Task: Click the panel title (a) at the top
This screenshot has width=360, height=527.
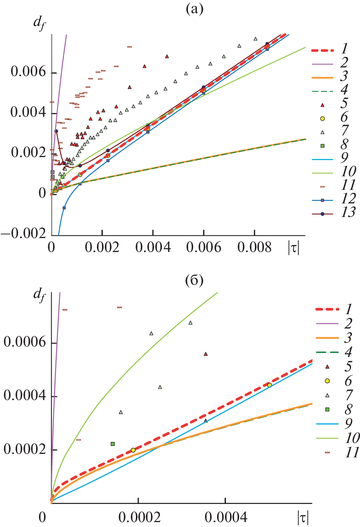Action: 194,9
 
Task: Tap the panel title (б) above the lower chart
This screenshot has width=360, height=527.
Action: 194,280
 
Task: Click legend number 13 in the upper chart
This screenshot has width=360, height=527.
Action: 348,212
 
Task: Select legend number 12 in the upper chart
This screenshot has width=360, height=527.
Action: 348,199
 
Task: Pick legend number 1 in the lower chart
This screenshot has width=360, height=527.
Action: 348,309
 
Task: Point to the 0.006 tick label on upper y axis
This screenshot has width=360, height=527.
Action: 28,72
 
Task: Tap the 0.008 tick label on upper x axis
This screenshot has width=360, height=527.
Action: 255,248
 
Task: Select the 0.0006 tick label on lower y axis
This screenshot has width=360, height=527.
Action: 25,342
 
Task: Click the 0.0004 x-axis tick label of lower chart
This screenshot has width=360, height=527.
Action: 226,517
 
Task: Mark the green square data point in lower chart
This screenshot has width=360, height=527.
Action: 113,444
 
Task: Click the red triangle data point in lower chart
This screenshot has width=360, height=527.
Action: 206,354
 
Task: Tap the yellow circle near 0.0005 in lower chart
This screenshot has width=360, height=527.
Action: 270,385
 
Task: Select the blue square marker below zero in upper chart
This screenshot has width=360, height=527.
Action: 64,208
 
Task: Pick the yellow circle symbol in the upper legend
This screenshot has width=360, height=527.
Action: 322,118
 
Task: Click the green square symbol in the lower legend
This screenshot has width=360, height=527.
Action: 327,409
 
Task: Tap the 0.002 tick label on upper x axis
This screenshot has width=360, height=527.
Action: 102,248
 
